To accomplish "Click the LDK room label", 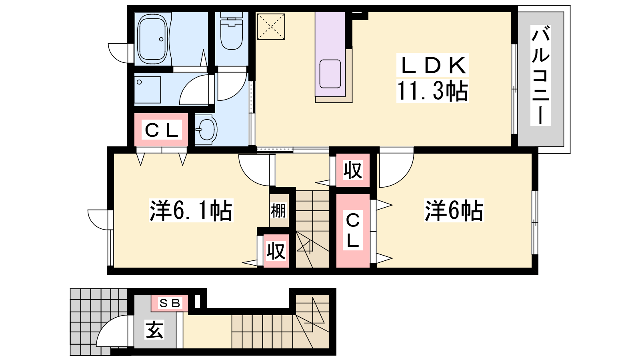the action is [433, 65].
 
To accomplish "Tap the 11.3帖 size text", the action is [432, 91].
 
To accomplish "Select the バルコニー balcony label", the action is [540, 75].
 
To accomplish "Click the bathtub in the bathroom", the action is [152, 39].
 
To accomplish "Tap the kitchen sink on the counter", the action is [330, 74].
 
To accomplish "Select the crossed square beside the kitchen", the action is [271, 27].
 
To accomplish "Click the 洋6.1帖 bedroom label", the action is [191, 210].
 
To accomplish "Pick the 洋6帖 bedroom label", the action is [454, 210].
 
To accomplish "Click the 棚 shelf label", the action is [278, 210].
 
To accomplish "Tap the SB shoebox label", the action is [170, 304].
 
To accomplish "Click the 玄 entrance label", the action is [154, 330].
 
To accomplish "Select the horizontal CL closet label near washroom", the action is [161, 130].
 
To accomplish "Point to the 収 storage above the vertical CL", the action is [353, 170].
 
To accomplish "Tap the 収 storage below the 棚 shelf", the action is [276, 251].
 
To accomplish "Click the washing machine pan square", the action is [148, 90].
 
